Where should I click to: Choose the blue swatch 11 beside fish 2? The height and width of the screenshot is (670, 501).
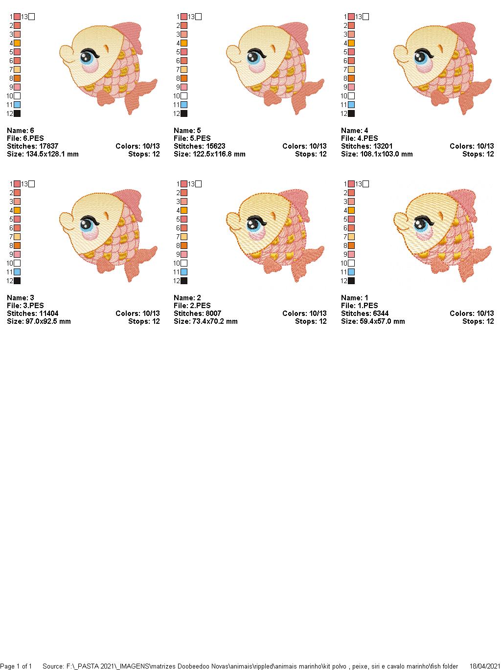pyautogui.click(x=184, y=272)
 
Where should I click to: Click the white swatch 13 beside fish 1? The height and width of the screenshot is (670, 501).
pyautogui.click(x=365, y=184)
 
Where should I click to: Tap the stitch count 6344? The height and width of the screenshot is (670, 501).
pyautogui.click(x=378, y=313)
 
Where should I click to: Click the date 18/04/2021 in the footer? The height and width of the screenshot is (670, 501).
pyautogui.click(x=484, y=666)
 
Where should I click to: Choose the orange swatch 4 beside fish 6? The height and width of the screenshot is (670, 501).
pyautogui.click(x=17, y=43)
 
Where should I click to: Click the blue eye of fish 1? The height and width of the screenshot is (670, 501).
pyautogui.click(x=420, y=225)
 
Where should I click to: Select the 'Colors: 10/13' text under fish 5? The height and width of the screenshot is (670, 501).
pyautogui.click(x=304, y=146)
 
